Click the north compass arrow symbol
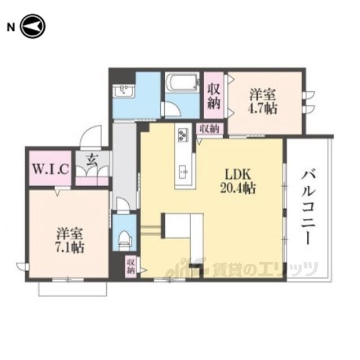coord(33,26)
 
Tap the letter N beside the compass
coord(11,28)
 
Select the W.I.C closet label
coord(50,169)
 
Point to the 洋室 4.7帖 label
coord(263,102)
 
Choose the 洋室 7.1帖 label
coord(70,240)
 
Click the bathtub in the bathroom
coord(182,83)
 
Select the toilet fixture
coord(125,240)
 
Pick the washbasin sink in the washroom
coord(124,91)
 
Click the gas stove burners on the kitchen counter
coord(183,135)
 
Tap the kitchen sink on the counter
coord(184,171)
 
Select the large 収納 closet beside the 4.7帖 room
coord(214,96)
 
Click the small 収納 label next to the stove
coord(209,129)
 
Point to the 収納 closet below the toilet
coord(131,266)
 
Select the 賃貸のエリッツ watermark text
coord(265,268)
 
